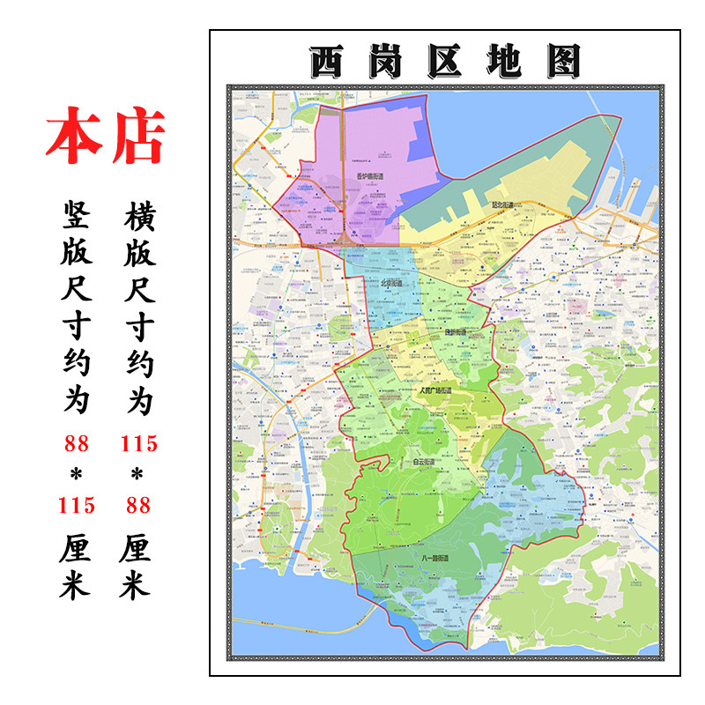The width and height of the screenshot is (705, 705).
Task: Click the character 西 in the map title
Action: (x=330, y=61)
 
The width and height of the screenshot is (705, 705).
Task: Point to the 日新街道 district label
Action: (x=456, y=332)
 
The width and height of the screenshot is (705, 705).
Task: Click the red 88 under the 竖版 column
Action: (x=76, y=443)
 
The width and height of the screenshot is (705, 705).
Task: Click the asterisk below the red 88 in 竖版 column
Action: (x=76, y=475)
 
